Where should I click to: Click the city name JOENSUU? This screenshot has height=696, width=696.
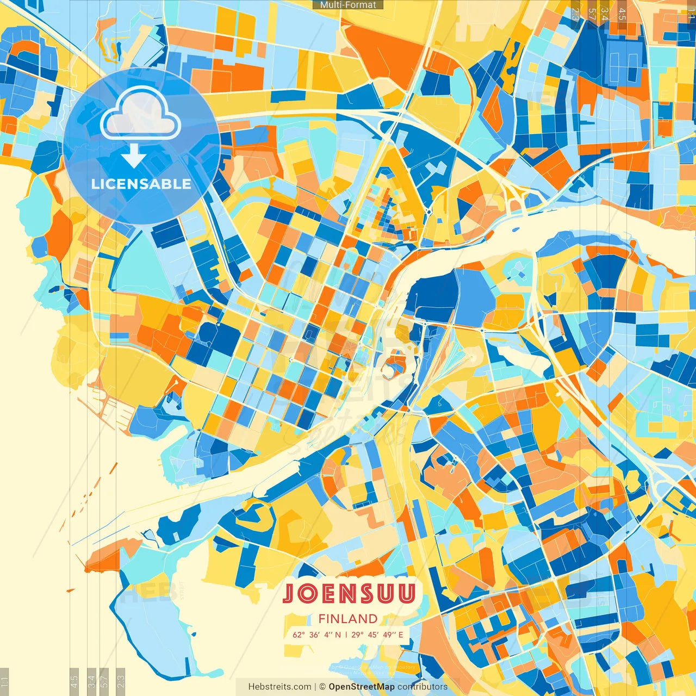tap(349, 594)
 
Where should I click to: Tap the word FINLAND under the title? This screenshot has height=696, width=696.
tap(348, 619)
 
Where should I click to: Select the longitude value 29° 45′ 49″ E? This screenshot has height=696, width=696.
tap(377, 635)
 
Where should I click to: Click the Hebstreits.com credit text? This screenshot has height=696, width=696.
tap(279, 687)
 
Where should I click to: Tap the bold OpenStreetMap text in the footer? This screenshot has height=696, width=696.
tap(362, 687)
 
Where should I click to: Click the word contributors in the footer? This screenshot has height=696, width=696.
tap(422, 687)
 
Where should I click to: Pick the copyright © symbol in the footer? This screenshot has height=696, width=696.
tap(322, 687)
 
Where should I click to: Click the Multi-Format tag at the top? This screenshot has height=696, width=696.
tap(348, 5)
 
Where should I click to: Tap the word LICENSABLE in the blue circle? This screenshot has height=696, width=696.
tap(141, 184)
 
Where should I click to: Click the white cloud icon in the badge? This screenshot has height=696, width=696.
tap(140, 113)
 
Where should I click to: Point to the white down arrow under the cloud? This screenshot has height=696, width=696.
tap(133, 157)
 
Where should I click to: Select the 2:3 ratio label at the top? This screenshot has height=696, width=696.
tap(575, 14)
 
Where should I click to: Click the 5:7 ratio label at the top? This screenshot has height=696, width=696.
tap(592, 14)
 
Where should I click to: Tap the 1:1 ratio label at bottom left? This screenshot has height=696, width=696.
tap(5, 681)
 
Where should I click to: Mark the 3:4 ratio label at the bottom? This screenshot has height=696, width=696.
tap(91, 681)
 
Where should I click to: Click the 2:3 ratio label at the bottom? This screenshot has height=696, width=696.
tap(121, 681)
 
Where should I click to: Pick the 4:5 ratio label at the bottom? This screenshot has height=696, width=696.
tap(74, 681)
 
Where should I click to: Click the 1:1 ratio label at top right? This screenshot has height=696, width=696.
tap(691, 14)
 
